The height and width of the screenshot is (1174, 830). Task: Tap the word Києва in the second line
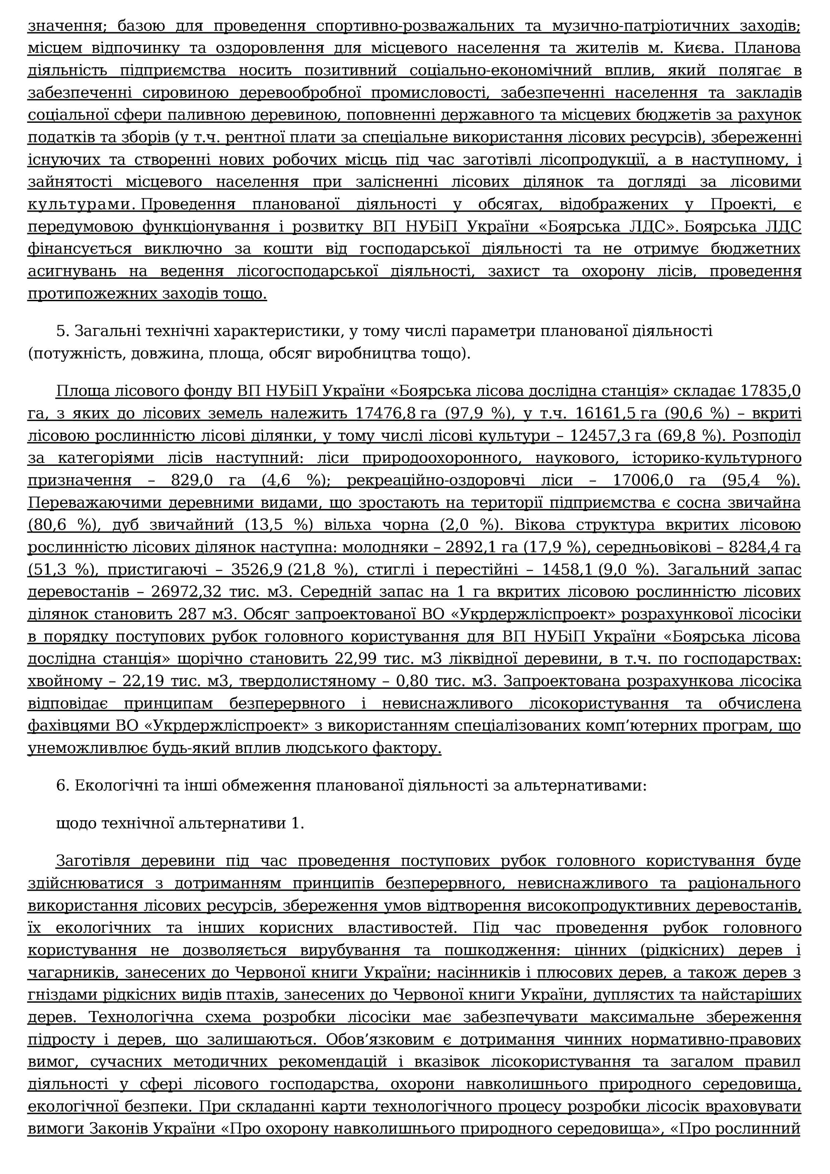(700, 48)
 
